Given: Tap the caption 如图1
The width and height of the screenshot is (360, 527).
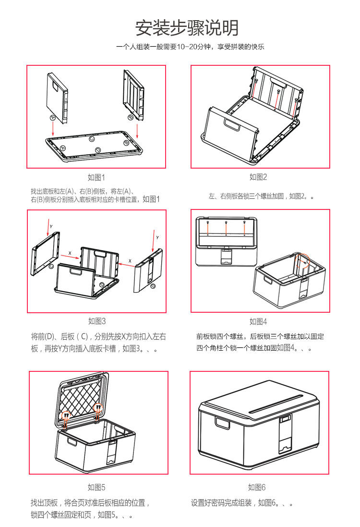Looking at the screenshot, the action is coord(96,177).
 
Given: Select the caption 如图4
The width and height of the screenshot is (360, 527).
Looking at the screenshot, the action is coord(258,321).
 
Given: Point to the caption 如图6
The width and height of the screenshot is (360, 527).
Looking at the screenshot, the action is coord(257,488).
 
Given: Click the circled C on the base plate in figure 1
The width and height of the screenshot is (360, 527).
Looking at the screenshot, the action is coord(91,139).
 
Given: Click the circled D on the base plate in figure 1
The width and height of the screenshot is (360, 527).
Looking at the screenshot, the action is coord(97,150).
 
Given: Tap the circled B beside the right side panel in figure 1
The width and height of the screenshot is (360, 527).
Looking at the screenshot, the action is coord(130,117).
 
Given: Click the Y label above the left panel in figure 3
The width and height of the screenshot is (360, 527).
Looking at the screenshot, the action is coord(51,226).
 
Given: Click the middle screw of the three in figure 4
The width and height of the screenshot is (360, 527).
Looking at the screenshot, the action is coord(226,228).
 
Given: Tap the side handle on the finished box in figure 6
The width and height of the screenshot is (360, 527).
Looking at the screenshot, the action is coord(222,424).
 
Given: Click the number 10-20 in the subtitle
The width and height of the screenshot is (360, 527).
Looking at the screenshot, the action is coord(187,47).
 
